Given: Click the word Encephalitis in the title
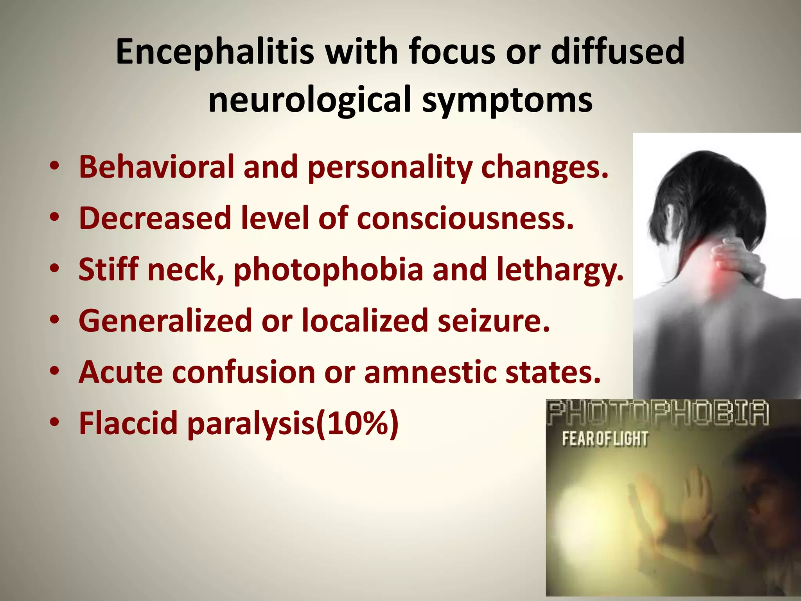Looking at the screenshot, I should pyautogui.click(x=215, y=52).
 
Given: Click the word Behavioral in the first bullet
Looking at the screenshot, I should pyautogui.click(x=156, y=167).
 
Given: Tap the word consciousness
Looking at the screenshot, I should pyautogui.click(x=465, y=218).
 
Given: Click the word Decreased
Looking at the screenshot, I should pyautogui.click(x=155, y=218).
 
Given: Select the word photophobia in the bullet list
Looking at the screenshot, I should pyautogui.click(x=328, y=270).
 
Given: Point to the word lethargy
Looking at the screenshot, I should pyautogui.click(x=560, y=270).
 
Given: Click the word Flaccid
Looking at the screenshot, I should pyautogui.click(x=128, y=423).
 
